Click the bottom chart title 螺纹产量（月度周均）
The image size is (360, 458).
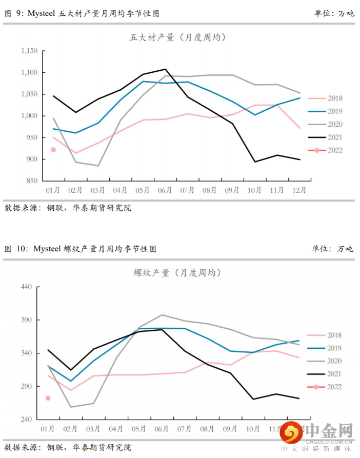tap(177, 273)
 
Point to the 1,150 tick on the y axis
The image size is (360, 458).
tap(29, 51)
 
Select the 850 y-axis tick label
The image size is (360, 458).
tap(32, 181)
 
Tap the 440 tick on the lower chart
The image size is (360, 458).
tap(27, 287)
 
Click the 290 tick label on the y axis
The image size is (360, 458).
tap(27, 387)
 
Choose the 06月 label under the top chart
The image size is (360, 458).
tap(165, 190)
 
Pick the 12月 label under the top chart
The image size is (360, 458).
tap(299, 190)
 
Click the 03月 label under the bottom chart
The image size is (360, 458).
tap(94, 429)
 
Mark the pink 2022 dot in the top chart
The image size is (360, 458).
tap(53, 150)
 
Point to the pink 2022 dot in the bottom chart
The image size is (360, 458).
tap(48, 398)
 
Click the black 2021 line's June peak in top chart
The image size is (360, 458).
tap(165, 69)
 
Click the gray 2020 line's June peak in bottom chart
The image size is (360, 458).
tap(162, 315)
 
